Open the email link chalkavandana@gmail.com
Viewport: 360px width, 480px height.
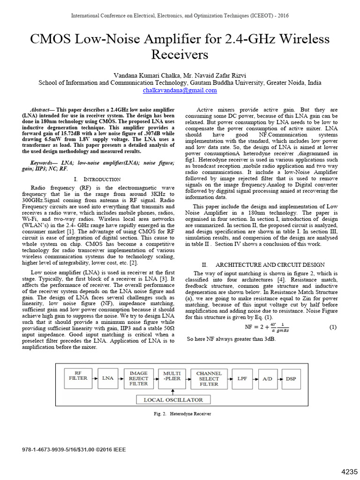click(180, 90)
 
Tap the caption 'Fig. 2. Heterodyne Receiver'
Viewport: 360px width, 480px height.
click(180, 414)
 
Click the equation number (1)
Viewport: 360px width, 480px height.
click(333, 327)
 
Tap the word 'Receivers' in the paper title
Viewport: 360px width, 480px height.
click(180, 55)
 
